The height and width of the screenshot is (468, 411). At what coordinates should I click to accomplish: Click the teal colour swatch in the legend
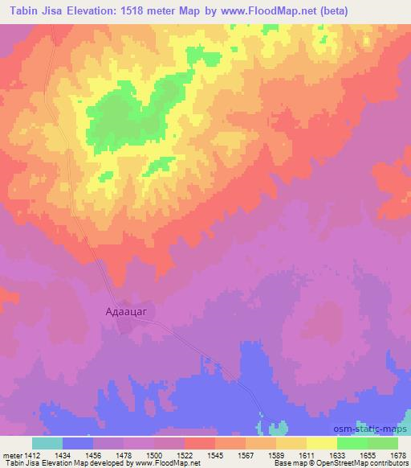[47, 442]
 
